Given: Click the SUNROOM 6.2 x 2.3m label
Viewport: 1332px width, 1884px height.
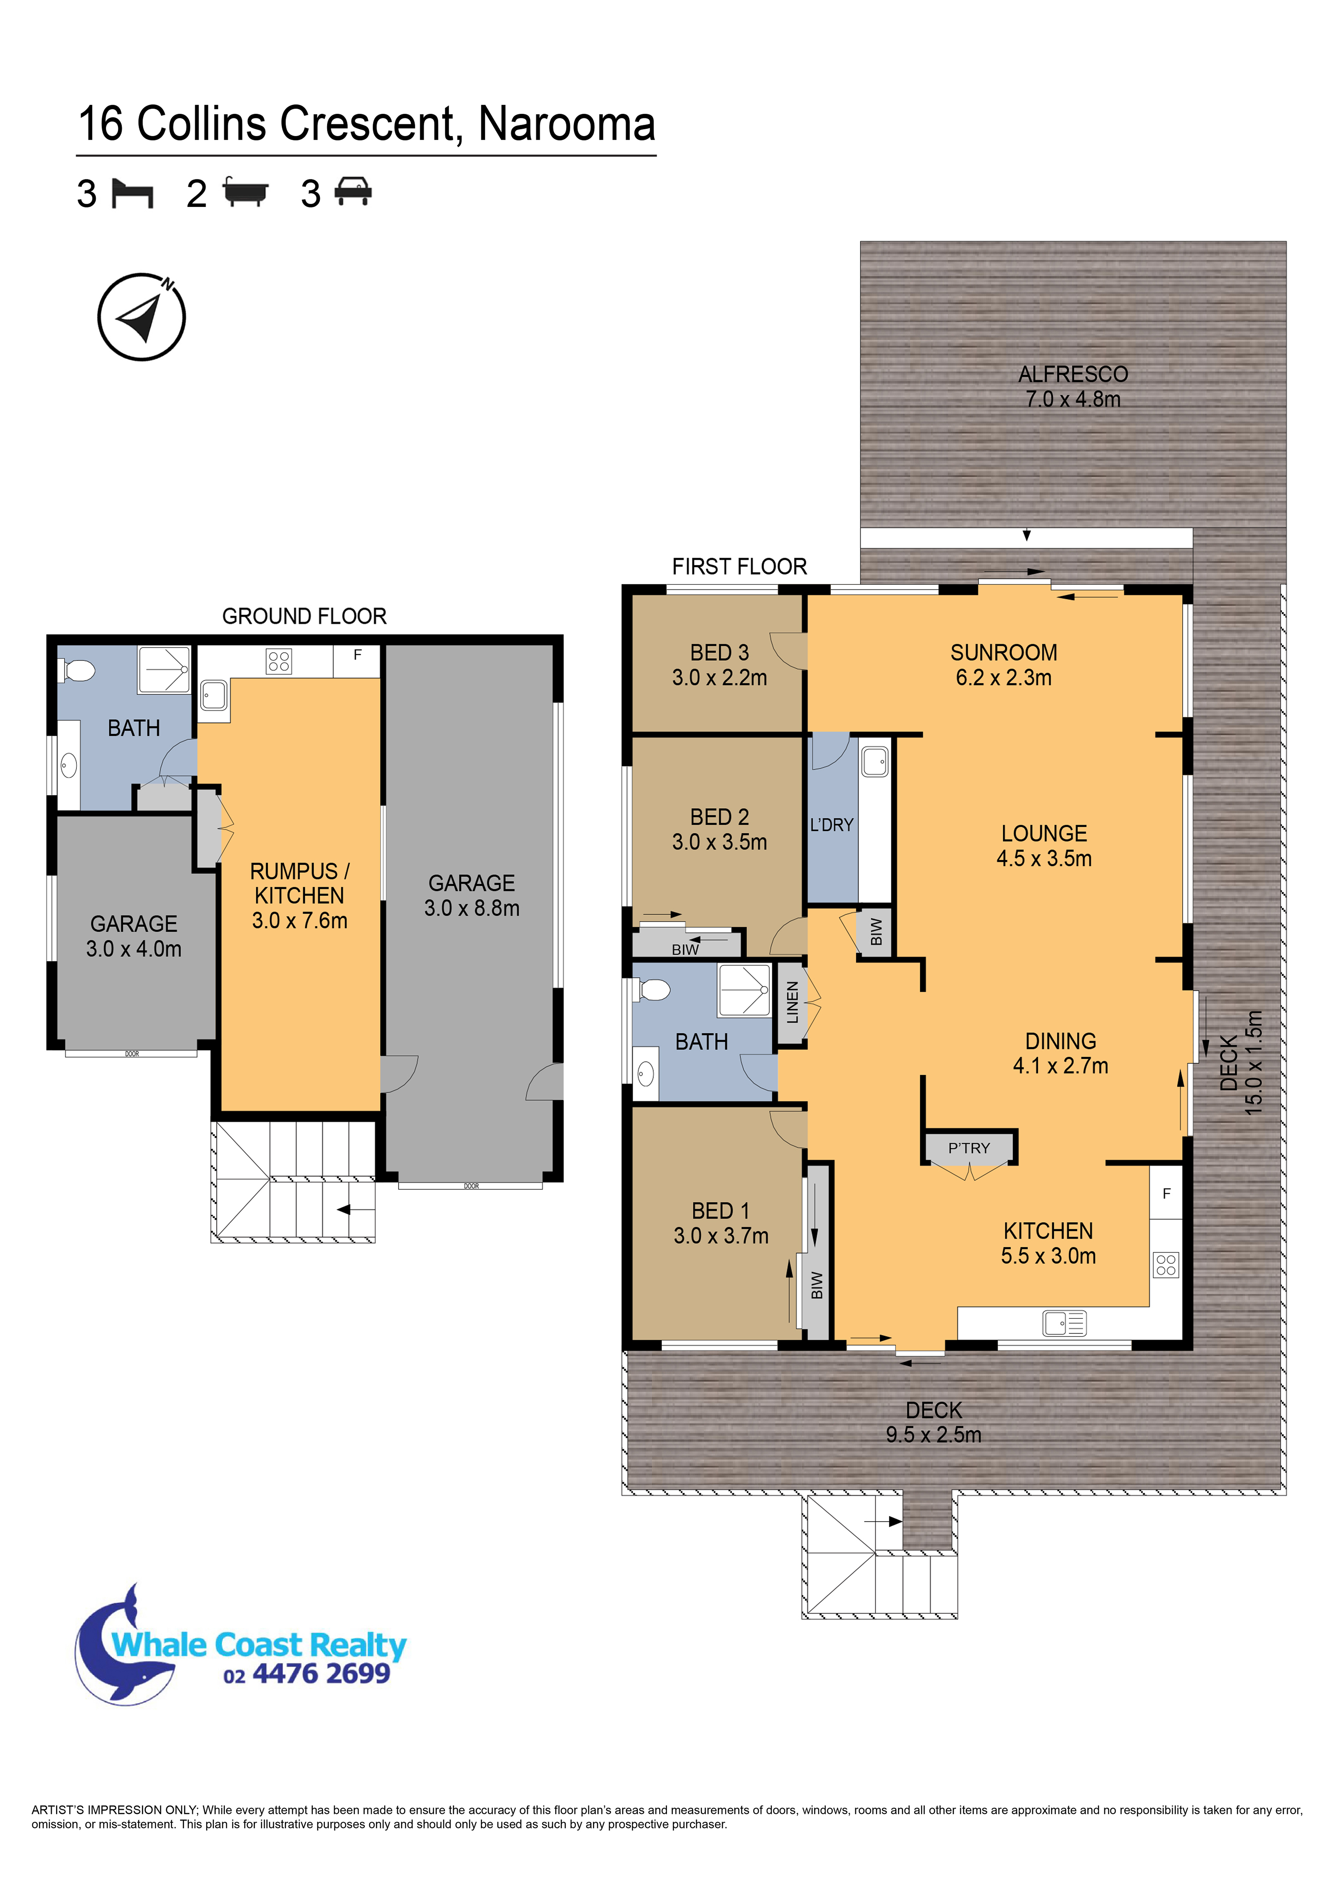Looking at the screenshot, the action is [1004, 665].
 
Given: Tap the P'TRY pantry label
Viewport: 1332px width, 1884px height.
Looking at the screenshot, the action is [969, 1148].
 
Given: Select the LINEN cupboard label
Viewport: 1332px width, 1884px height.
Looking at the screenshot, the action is [792, 1003].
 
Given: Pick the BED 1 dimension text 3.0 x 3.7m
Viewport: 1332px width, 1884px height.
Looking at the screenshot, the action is [720, 1236].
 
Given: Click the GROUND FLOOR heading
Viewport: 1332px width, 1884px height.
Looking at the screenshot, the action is [304, 616].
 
